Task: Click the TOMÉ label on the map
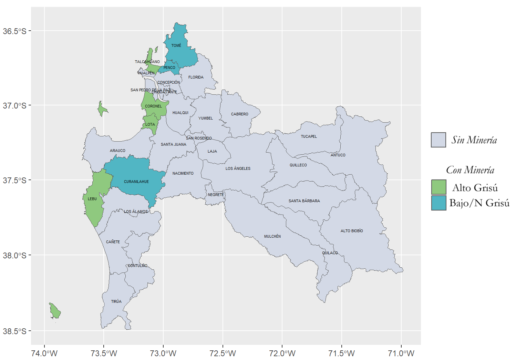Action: (x=176, y=45)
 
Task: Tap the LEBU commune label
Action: (x=92, y=199)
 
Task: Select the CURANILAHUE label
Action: (x=136, y=182)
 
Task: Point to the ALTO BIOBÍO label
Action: (x=352, y=231)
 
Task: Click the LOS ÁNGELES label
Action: (x=238, y=168)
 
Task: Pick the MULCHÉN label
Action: (x=272, y=236)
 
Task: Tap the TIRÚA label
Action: (x=116, y=301)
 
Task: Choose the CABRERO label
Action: (x=240, y=114)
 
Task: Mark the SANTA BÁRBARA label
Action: (x=304, y=201)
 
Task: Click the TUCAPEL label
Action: (x=309, y=136)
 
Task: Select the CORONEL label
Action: (x=153, y=106)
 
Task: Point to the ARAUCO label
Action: (x=117, y=151)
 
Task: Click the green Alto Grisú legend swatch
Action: (x=438, y=187)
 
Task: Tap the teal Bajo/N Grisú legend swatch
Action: (x=438, y=203)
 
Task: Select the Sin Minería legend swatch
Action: (x=438, y=140)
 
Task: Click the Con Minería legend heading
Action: (x=470, y=170)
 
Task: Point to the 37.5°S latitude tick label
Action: (x=14, y=181)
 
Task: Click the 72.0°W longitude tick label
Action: (x=282, y=353)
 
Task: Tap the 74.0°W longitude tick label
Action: (x=44, y=353)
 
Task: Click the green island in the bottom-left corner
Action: (x=55, y=311)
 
